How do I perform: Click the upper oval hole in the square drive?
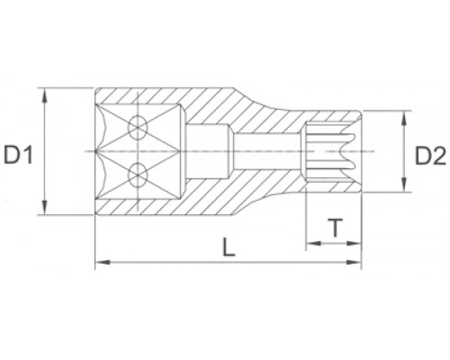click(x=138, y=128)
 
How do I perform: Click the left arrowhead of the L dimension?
click(x=100, y=262)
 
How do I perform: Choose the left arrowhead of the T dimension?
click(x=310, y=244)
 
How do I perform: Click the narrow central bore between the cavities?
click(x=261, y=151)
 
